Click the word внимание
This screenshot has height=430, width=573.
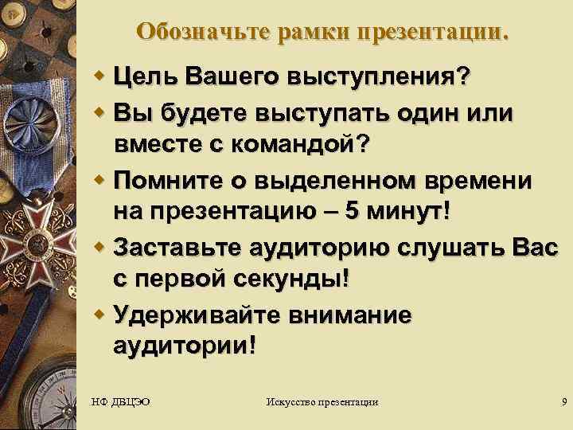coord(351,316)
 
